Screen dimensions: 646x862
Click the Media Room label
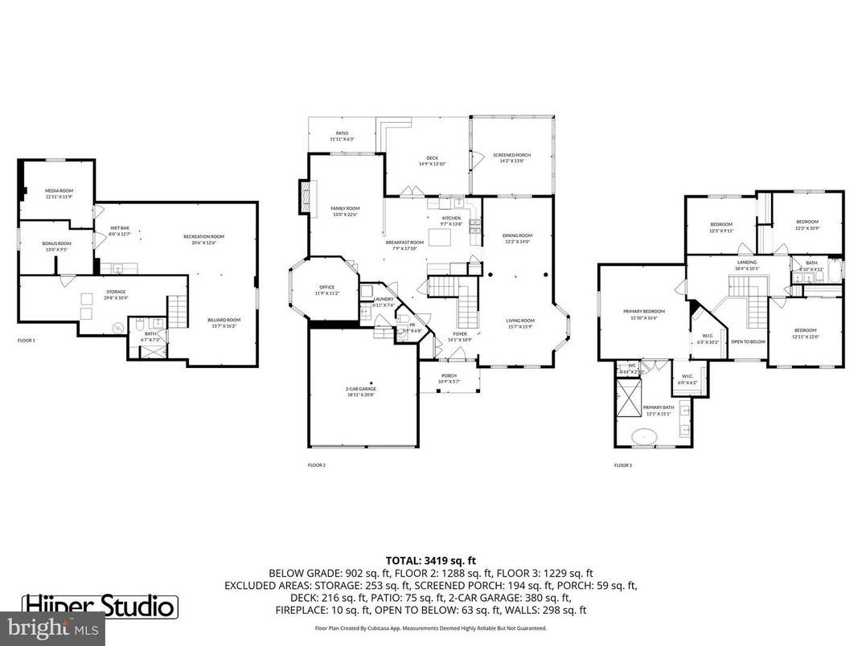point(59,190)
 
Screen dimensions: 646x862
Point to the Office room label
point(326,287)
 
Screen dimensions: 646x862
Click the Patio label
point(342,133)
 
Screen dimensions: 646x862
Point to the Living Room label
point(520,321)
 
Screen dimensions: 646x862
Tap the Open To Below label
point(748,341)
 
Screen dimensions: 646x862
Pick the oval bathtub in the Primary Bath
point(645,439)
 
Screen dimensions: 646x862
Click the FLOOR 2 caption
point(316,464)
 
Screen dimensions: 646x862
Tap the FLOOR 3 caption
point(623,464)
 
